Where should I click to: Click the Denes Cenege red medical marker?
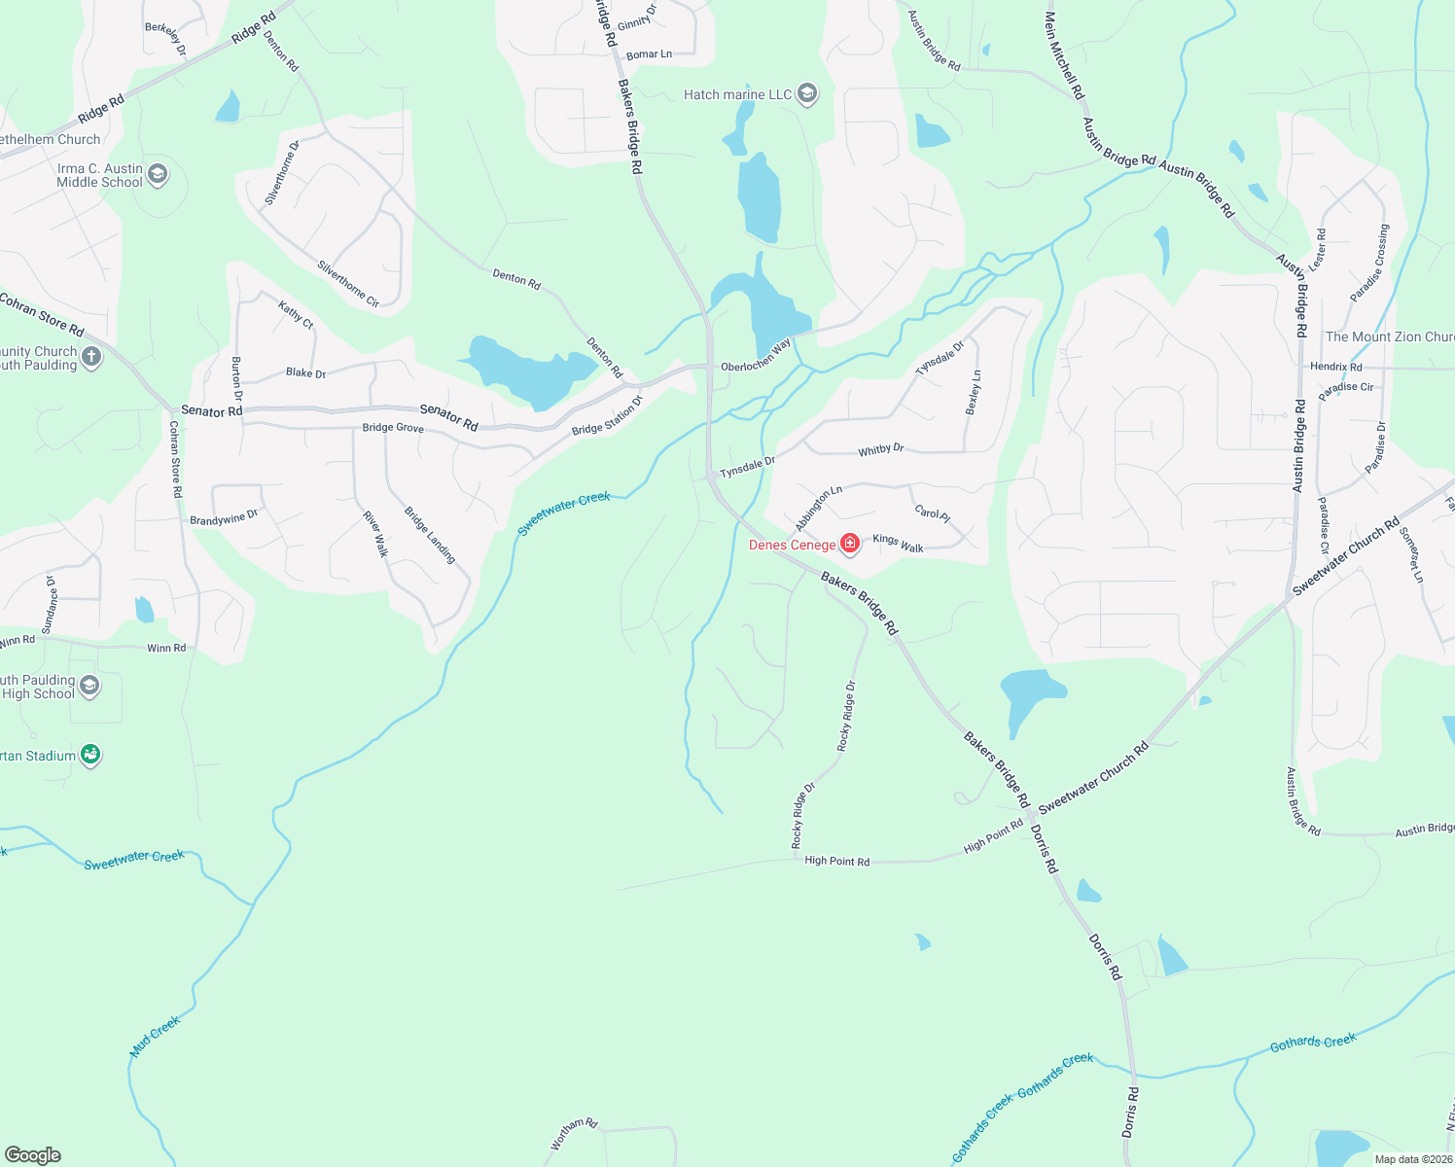pyautogui.click(x=850, y=543)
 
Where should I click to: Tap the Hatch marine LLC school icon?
pyautogui.click(x=806, y=93)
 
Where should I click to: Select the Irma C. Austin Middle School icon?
pyautogui.click(x=158, y=174)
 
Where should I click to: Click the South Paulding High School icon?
pyautogui.click(x=89, y=686)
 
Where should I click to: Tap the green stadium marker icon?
pyautogui.click(x=90, y=754)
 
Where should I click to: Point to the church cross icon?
pyautogui.click(x=91, y=357)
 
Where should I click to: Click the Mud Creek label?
pyautogui.click(x=156, y=1037)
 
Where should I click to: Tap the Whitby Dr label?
pyautogui.click(x=880, y=449)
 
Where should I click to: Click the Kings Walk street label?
pyautogui.click(x=898, y=544)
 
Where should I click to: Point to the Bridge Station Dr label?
pyautogui.click(x=608, y=416)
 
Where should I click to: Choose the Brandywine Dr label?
pyautogui.click(x=224, y=518)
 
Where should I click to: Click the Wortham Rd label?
pyautogui.click(x=574, y=1133)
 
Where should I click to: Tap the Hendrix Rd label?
pyautogui.click(x=1335, y=367)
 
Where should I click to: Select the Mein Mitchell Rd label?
pyautogui.click(x=1064, y=54)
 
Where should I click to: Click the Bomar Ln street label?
pyautogui.click(x=649, y=54)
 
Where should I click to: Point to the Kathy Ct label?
pyautogui.click(x=296, y=315)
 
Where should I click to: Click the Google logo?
pyautogui.click(x=32, y=1155)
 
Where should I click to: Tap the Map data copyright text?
pyautogui.click(x=1413, y=1159)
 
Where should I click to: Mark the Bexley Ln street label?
pyautogui.click(x=974, y=392)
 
